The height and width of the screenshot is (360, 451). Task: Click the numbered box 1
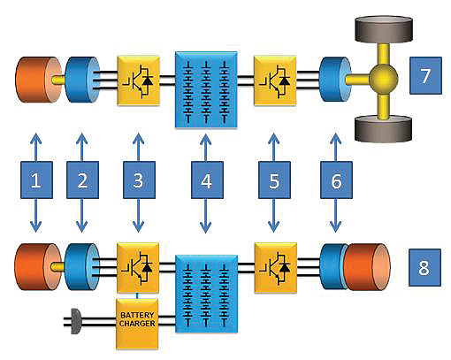[36, 180]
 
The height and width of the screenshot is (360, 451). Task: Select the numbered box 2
[82, 180]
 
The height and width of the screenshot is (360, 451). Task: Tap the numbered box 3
[139, 180]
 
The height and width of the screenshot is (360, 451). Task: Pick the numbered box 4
[207, 180]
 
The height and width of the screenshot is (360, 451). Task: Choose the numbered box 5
[274, 180]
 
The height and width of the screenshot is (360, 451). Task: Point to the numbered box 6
[336, 180]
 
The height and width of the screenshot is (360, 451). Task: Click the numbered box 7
[425, 75]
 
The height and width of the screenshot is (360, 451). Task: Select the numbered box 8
[424, 267]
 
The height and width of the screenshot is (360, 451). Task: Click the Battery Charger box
[137, 325]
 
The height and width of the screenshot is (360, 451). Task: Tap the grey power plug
[75, 321]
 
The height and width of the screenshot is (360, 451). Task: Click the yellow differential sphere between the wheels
[383, 79]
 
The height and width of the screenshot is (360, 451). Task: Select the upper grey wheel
[384, 29]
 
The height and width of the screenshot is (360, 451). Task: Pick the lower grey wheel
[383, 129]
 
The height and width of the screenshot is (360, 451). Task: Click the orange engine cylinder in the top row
[38, 80]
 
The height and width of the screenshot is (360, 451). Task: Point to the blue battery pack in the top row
[206, 90]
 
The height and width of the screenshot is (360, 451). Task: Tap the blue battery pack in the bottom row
[206, 294]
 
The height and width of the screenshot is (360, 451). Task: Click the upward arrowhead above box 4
[206, 139]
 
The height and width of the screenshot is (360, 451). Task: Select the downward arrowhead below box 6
[336, 226]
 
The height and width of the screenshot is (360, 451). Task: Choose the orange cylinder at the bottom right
[367, 267]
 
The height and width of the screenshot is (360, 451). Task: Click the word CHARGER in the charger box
[137, 324]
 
